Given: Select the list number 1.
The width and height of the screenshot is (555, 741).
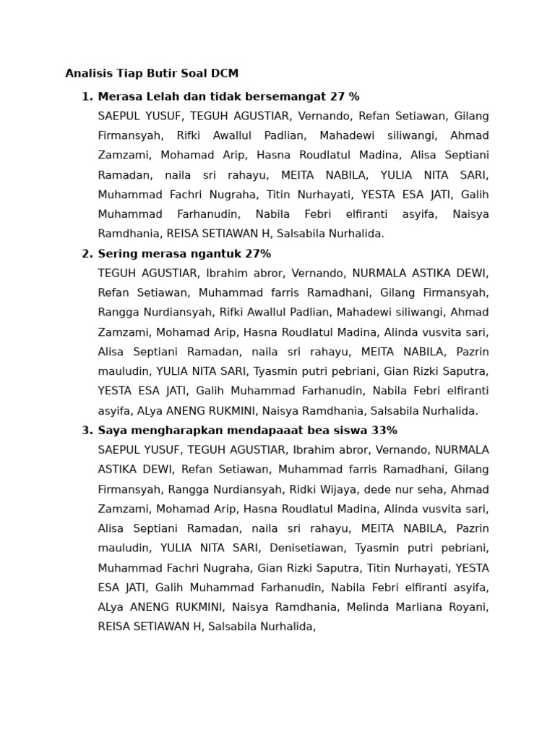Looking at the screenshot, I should pos(87,97).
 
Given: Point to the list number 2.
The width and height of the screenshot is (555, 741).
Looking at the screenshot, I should pos(87,254).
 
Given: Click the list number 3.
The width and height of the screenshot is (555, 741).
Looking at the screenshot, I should pos(87,431).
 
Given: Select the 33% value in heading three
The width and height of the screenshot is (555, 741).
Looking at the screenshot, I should pos(384,431).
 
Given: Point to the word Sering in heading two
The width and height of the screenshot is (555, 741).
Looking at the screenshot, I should pos(117,254).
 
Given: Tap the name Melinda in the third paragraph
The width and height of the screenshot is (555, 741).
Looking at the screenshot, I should pos(369,607).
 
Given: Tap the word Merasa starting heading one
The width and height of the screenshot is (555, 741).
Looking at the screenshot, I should pos(119,97).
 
